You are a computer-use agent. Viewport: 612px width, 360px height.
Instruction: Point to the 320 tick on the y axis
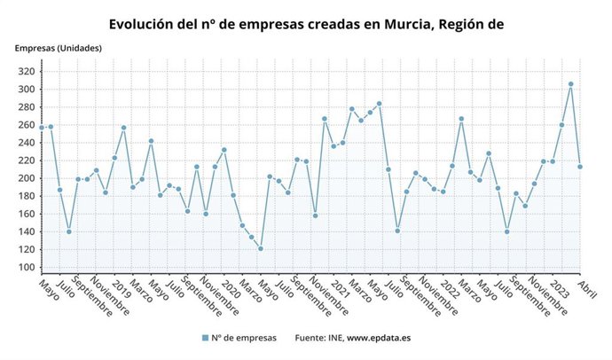(x=27, y=71)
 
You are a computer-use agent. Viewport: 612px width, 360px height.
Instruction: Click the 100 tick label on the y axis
(x=27, y=268)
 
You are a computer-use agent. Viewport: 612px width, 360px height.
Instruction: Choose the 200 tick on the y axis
(x=27, y=178)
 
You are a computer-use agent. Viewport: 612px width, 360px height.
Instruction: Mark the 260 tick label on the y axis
(x=27, y=125)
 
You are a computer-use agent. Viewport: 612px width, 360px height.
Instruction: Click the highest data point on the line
(x=570, y=84)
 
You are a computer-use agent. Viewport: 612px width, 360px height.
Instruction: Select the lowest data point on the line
(x=261, y=248)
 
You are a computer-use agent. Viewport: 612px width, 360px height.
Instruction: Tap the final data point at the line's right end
(x=580, y=167)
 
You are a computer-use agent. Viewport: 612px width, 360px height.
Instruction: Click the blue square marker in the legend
(x=205, y=338)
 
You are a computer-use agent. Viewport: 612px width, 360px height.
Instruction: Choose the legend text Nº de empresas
(x=244, y=338)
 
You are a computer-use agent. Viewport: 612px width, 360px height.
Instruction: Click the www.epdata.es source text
(x=378, y=338)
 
